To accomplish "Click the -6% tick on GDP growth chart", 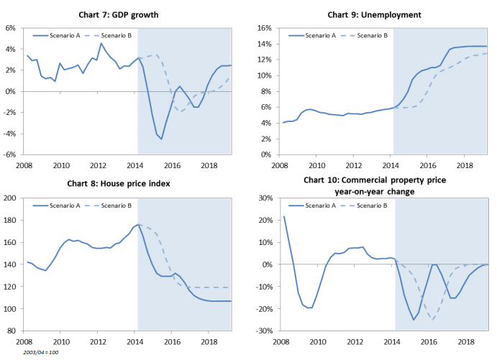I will click(x=9, y=154).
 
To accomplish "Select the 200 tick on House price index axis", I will click(x=10, y=198).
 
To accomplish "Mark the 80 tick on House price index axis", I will click(x=12, y=331).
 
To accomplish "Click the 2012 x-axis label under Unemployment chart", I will click(x=352, y=165).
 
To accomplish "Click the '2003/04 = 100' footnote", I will click(x=40, y=353).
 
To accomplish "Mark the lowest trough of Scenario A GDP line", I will click(x=162, y=139).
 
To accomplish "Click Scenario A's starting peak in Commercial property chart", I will click(x=284, y=216).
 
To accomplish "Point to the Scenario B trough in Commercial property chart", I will click(x=432, y=319).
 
